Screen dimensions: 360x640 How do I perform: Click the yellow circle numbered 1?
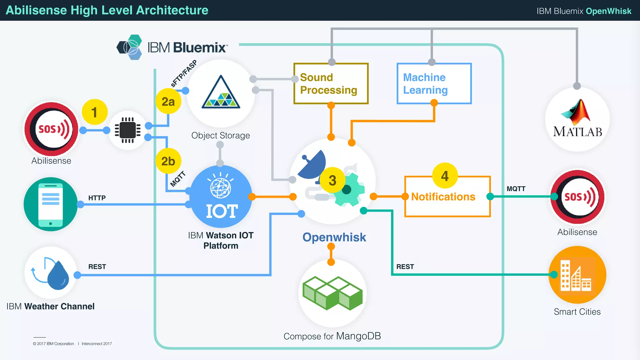(94, 112)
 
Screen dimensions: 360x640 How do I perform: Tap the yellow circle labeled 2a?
(168, 102)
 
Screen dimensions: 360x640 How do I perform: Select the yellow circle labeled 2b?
(168, 161)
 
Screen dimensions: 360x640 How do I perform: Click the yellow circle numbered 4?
(445, 176)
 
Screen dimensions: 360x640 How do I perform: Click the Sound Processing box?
(331, 84)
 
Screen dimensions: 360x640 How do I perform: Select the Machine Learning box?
(434, 84)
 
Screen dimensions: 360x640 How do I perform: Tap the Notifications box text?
(443, 197)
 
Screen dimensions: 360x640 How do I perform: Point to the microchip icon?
(128, 130)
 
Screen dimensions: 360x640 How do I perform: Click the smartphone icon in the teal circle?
(51, 204)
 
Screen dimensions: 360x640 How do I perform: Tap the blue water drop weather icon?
(58, 275)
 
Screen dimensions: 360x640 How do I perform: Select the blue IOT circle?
(221, 197)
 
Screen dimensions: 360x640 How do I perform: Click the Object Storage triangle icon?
(221, 93)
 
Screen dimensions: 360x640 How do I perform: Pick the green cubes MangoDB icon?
(332, 293)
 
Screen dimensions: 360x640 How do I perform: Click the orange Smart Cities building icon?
(577, 275)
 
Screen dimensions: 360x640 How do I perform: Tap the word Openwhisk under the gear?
(334, 237)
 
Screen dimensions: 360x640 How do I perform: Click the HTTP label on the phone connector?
(97, 198)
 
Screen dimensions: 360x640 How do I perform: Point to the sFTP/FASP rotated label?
(184, 73)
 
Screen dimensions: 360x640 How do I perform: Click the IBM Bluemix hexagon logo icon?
(129, 47)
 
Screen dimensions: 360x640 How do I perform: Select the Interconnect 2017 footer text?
(97, 344)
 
